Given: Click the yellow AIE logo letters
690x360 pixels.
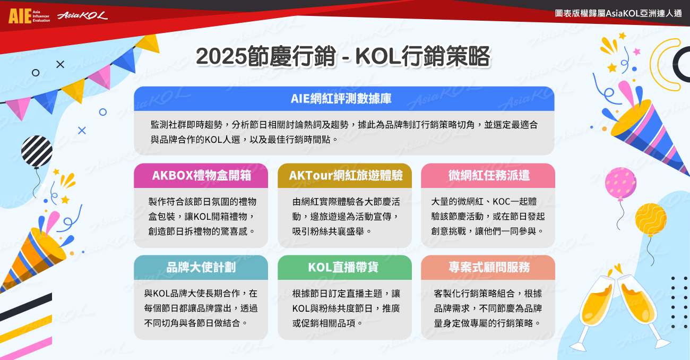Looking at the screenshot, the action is (x=20, y=16).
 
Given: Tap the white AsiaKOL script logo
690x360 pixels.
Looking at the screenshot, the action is (x=82, y=15).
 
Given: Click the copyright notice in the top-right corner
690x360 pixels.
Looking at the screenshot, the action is (x=618, y=13).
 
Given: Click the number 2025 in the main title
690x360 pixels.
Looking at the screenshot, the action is (x=221, y=57).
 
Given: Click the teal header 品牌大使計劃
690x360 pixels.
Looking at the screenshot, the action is (x=201, y=268).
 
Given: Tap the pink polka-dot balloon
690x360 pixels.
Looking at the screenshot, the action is (x=620, y=183).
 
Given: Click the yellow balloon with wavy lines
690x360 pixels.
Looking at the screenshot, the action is (x=651, y=219).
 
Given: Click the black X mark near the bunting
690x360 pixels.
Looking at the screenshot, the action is (x=61, y=64).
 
